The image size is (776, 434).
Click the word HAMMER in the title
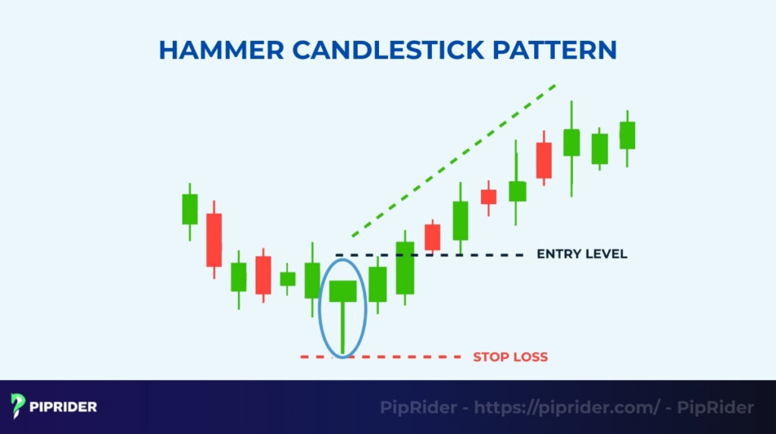221,50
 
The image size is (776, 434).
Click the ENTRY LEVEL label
581,254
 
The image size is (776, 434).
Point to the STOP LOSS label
510,357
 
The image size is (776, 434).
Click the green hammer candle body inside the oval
343,291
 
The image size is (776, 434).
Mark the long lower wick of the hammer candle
343,326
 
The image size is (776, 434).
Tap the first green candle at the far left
189,209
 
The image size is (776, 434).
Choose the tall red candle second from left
214,240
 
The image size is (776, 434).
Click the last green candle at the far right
627,135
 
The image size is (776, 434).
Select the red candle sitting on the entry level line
432,237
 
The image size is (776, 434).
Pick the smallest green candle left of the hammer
287,279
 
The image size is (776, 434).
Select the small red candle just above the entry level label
489,197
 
